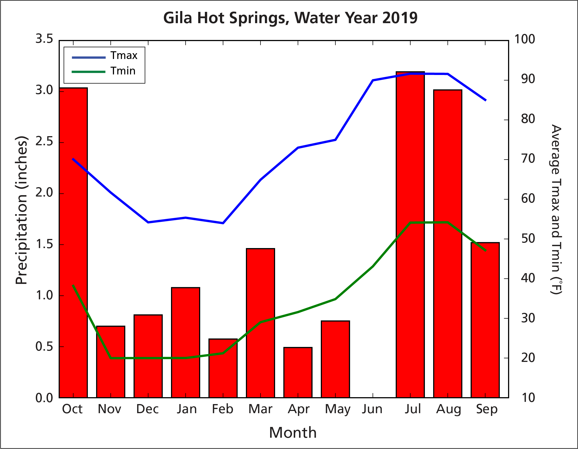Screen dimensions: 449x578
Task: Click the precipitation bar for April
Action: tap(298, 372)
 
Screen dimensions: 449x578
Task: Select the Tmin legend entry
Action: tap(123, 71)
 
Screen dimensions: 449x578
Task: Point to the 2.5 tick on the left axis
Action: tap(44, 142)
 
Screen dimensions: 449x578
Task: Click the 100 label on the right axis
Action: tap(525, 39)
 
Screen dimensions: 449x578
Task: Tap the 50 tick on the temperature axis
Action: tap(528, 239)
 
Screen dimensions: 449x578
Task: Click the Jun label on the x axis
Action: tap(372, 409)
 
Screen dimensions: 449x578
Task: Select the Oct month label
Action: tap(72, 409)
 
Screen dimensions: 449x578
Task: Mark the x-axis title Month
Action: tap(293, 433)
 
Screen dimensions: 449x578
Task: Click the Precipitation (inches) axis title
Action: tap(21, 210)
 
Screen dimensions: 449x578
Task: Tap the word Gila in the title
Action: tap(177, 18)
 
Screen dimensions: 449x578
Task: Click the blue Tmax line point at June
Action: tap(373, 80)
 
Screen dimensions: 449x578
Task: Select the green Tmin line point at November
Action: tap(111, 358)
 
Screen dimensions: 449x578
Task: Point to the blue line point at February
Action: tap(223, 223)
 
